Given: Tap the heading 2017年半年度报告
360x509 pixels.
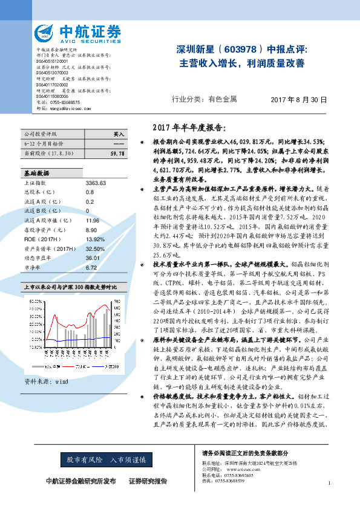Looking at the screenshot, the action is click(189, 128).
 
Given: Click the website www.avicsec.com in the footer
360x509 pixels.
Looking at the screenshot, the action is click(239, 468).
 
